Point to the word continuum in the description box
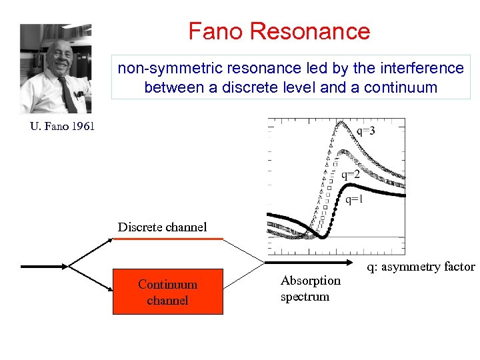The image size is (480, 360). tap(401, 87)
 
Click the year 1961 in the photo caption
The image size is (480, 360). tap(79, 126)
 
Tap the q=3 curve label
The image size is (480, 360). tap(365, 131)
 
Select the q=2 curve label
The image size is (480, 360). tap(351, 175)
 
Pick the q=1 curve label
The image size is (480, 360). tap(354, 199)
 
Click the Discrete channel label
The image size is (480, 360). tap(162, 227)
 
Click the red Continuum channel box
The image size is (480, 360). tap(167, 292)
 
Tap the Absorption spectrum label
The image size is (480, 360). tap(310, 288)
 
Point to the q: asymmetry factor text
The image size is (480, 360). tap(421, 267)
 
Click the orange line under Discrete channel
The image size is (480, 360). tap(167, 238)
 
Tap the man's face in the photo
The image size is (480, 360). tap(59, 61)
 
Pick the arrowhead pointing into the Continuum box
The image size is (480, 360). tap(107, 289)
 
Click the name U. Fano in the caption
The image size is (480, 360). tap(47, 126)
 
